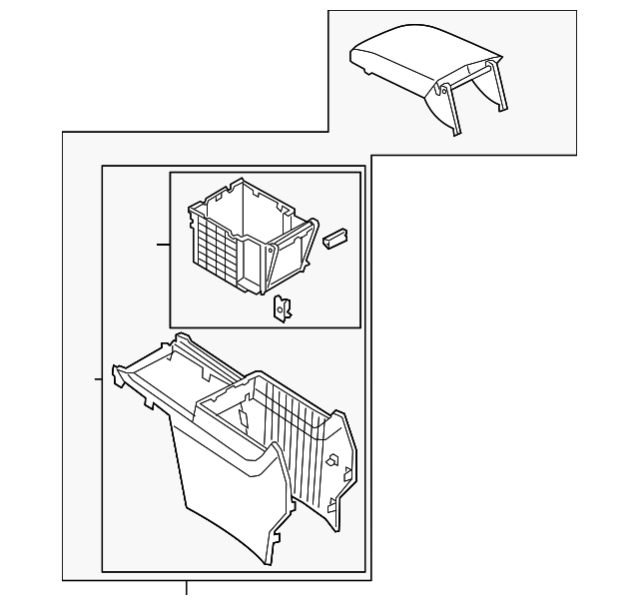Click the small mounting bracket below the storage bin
[x=283, y=309]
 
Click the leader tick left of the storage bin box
[x=164, y=243]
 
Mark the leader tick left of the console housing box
[x=97, y=378]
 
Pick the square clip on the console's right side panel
[x=328, y=460]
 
